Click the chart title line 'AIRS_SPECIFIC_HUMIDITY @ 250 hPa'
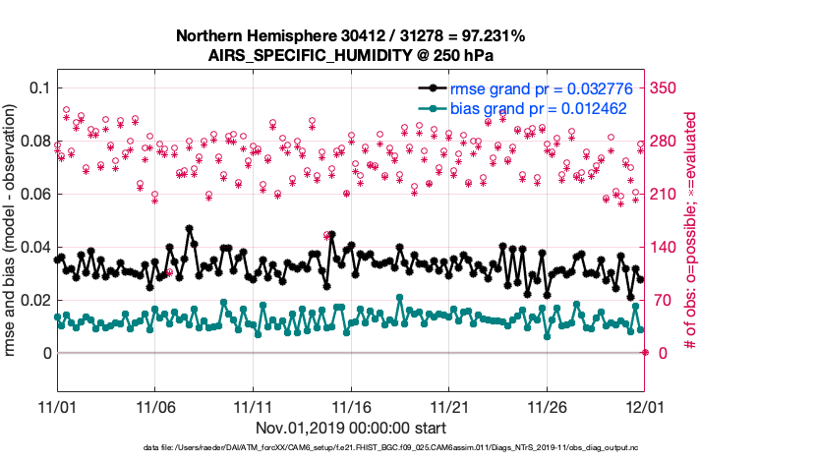350,55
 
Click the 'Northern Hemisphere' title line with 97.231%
350,36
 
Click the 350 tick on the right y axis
668,87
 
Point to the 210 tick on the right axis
668,194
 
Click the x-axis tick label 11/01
56,406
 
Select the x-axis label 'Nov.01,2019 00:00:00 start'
350,428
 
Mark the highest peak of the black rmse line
189,227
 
